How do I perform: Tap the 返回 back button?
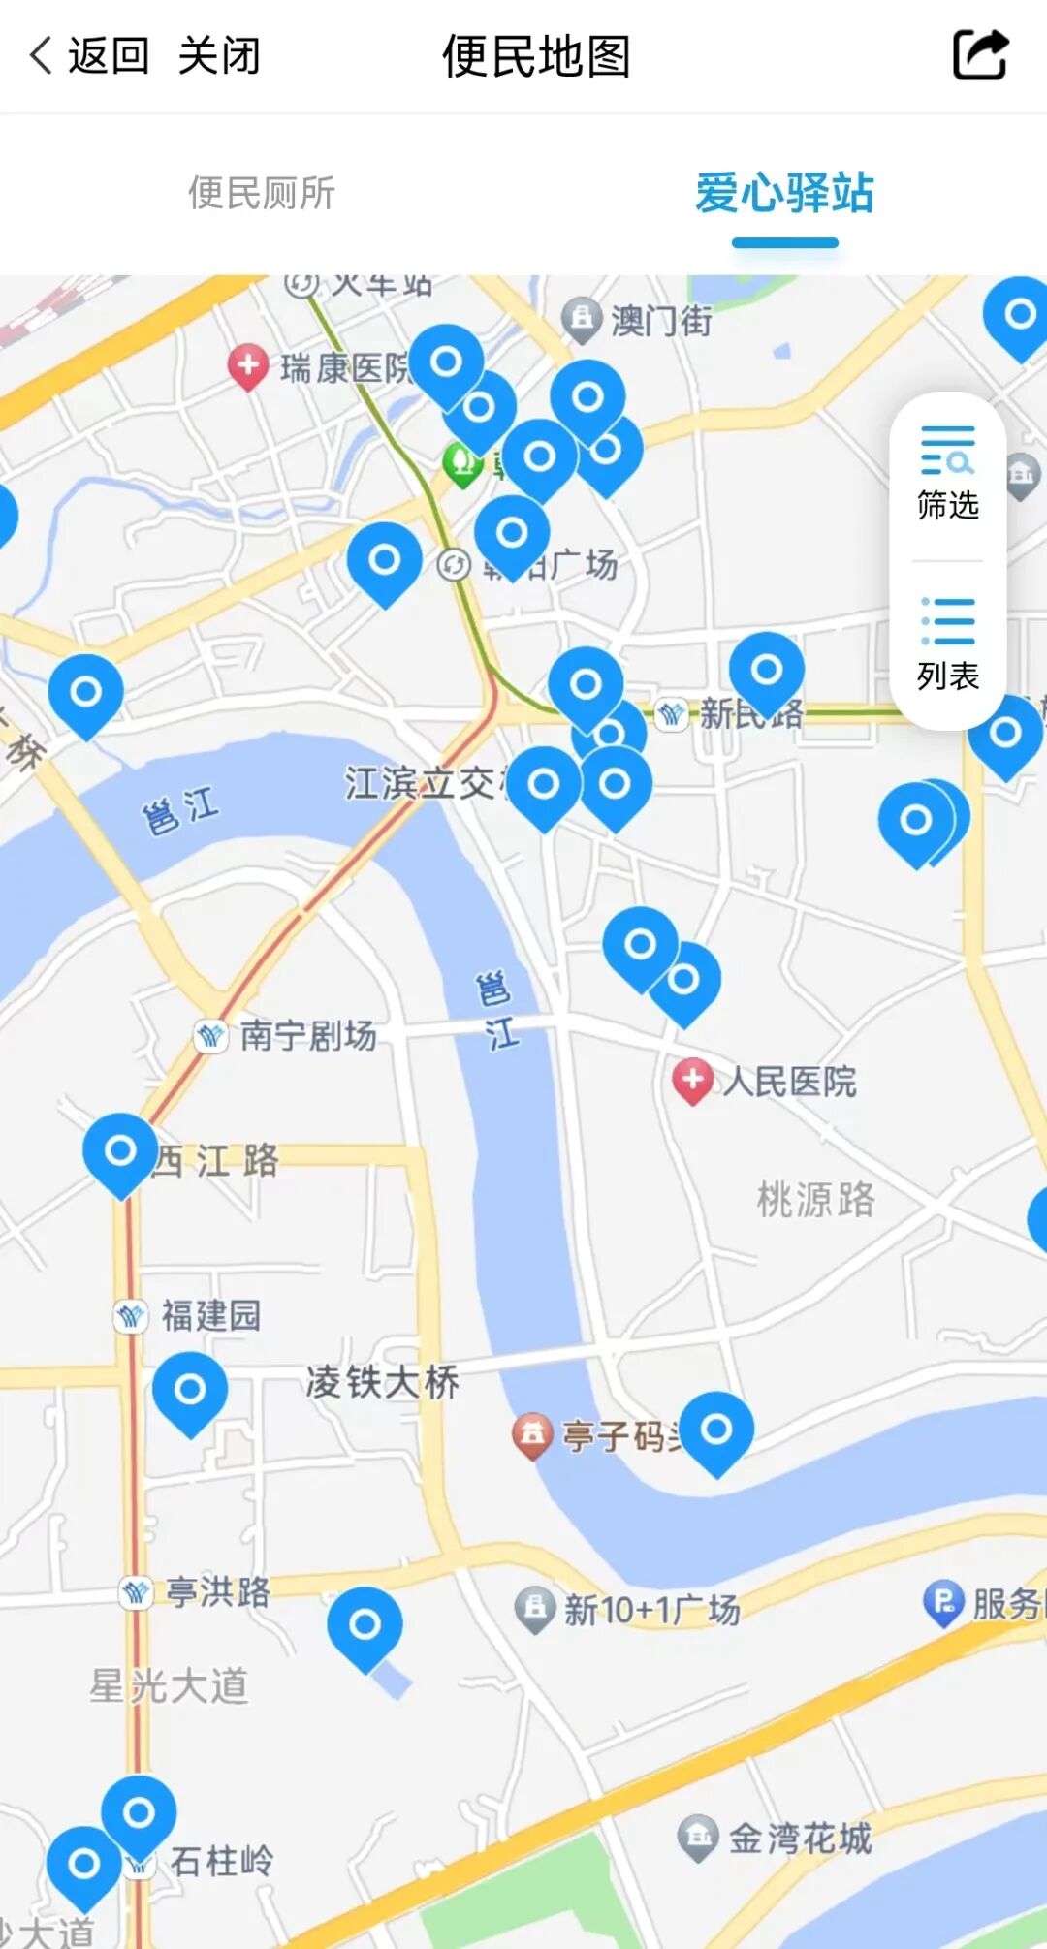coord(89,56)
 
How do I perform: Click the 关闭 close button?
coord(219,56)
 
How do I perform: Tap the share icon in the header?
coord(980,55)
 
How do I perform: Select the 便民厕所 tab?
coord(262,193)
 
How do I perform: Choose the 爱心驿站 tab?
coord(784,193)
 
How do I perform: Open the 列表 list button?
coord(947,645)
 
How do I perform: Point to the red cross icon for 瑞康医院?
coord(248,365)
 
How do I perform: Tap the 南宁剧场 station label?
coord(307,1035)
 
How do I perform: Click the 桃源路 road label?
coord(815,1200)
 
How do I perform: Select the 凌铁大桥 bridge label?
coord(382,1382)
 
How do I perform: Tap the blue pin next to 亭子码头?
coord(716,1429)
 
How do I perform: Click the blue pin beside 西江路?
coord(120,1150)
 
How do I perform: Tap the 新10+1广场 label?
coord(651,1610)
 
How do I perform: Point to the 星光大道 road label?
coord(169,1686)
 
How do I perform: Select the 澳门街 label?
coord(661,320)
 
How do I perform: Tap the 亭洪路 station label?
coord(217,1591)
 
